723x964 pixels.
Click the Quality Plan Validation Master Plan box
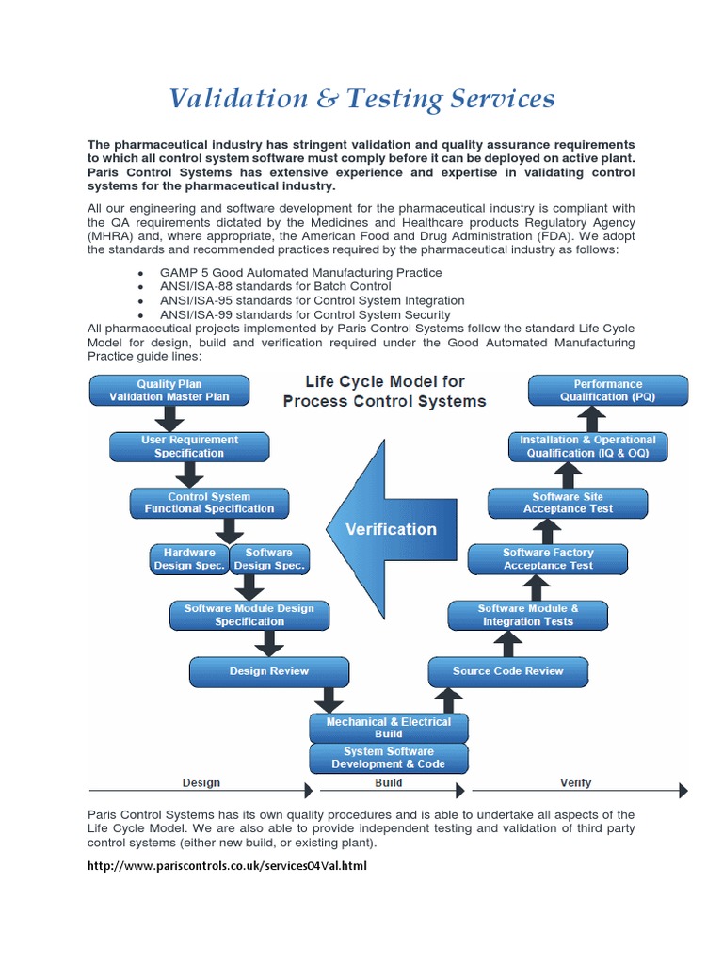169,390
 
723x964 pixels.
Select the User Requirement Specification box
189,446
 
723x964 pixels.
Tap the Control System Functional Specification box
209,503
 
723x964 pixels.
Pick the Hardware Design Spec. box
189,559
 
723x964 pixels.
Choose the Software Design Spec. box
269,559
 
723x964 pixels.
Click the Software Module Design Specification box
249,615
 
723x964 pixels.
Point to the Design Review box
268,671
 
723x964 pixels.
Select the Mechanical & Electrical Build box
388,728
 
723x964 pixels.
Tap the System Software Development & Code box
388,758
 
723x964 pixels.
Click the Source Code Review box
507,671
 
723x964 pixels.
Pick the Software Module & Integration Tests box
528,615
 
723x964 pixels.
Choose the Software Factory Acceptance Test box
548,559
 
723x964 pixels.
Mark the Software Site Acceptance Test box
568,503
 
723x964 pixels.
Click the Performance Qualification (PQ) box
607,390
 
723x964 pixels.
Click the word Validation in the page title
237,99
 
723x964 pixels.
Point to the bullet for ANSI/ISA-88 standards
139,287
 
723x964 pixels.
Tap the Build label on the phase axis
388,782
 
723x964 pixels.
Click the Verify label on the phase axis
575,782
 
